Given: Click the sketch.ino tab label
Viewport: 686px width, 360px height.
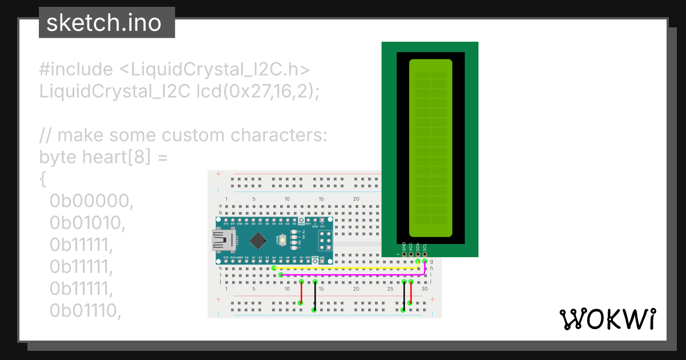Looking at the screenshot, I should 103,23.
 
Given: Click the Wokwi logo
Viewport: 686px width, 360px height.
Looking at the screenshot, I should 607,319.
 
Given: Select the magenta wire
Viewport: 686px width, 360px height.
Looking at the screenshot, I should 352,275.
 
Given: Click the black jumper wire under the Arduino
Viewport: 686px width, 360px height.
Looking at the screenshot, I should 314,295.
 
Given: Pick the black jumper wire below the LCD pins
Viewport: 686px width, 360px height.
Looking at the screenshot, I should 404,295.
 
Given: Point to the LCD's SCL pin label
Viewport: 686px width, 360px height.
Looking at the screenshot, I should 425,247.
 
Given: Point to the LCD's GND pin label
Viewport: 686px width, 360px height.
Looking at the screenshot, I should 404,247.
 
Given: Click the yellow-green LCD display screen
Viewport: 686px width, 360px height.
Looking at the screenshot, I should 431,149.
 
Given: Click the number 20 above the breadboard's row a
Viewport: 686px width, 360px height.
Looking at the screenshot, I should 356,199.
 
